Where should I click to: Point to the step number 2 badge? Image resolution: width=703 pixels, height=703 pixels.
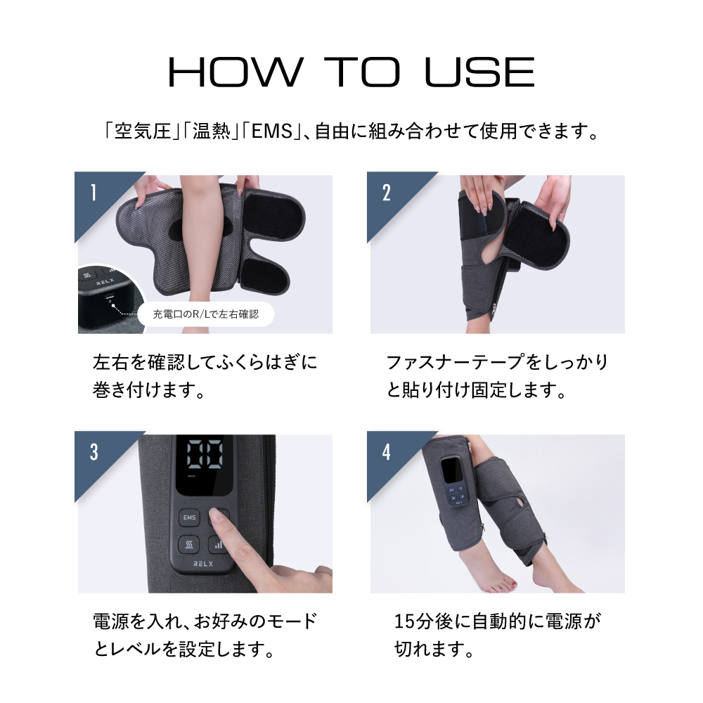[386, 193]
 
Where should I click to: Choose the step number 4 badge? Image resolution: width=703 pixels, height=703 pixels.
[386, 452]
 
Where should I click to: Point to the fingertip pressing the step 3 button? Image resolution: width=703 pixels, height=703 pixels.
[220, 521]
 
